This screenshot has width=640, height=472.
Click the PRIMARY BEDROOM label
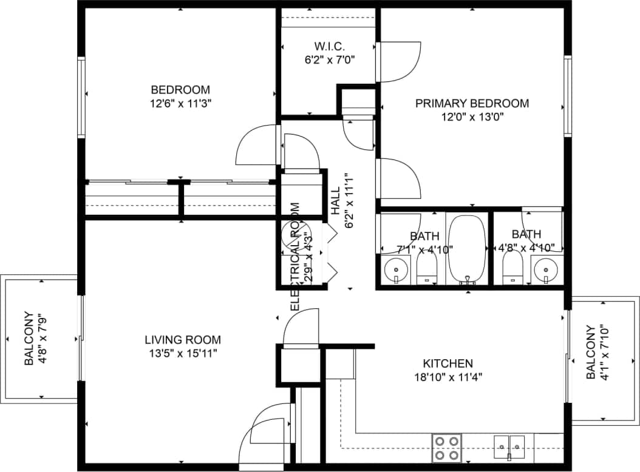pyautogui.click(x=472, y=103)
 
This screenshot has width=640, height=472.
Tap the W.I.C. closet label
pyautogui.click(x=330, y=46)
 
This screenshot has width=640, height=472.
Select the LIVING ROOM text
pyautogui.click(x=183, y=340)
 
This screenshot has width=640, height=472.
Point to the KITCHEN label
pyautogui.click(x=448, y=363)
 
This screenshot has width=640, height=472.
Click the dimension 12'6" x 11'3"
pyautogui.click(x=180, y=103)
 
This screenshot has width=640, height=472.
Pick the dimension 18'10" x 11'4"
pyautogui.click(x=448, y=376)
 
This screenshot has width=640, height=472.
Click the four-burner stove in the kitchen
pyautogui.click(x=446, y=448)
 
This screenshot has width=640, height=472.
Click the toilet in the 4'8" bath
pyautogui.click(x=513, y=267)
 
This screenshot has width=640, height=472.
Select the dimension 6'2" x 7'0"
pyautogui.click(x=330, y=59)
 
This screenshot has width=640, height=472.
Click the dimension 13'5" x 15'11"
pyautogui.click(x=183, y=353)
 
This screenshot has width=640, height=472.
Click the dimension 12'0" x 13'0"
pyautogui.click(x=472, y=117)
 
